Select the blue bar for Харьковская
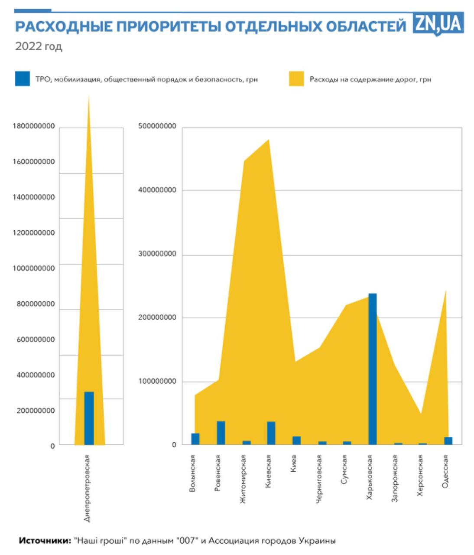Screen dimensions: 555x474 click(372, 369)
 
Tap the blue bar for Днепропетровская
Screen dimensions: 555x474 click(89, 418)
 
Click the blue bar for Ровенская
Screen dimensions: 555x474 click(221, 433)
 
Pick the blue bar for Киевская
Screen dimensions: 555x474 click(271, 433)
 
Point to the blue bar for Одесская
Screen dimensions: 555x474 click(448, 441)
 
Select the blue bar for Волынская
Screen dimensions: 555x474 click(195, 439)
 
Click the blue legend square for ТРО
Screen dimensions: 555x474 click(23, 79)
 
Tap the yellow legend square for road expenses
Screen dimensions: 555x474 click(296, 79)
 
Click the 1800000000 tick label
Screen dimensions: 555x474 click(34, 126)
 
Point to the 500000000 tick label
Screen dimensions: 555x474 click(157, 126)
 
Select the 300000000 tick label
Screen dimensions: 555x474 click(157, 254)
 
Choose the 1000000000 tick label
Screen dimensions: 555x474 click(34, 268)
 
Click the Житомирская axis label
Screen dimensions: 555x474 click(243, 479)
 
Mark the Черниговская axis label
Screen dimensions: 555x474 click(319, 479)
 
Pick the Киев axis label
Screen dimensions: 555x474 click(294, 464)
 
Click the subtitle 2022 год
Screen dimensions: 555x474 click(39, 46)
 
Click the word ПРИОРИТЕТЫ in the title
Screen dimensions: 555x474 click(169, 26)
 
